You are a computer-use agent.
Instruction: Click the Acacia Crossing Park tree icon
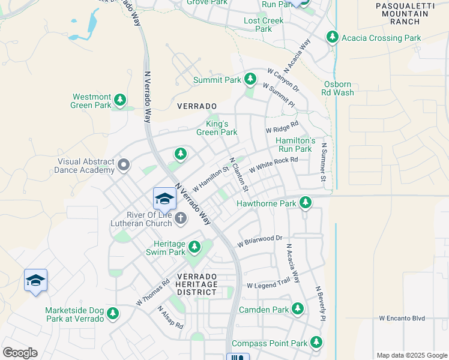pos(332,38)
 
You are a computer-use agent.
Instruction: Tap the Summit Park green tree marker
pos(250,79)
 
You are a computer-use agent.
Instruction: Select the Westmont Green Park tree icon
pos(121,100)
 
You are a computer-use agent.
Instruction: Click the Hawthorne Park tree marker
pos(306,203)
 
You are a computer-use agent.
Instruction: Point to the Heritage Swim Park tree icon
pos(194,247)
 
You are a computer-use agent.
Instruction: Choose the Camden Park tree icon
pos(298,310)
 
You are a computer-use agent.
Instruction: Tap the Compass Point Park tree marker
pos(316,343)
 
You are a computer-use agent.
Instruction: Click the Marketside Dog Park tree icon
pos(112,314)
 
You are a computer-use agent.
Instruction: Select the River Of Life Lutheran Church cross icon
pos(181,219)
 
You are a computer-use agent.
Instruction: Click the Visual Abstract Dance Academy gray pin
pos(124,164)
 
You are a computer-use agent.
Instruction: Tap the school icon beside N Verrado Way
pos(164,199)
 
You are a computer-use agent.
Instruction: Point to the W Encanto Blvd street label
pos(402,318)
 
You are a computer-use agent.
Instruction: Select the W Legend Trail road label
pos(268,286)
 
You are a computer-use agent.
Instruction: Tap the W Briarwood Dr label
pos(259,241)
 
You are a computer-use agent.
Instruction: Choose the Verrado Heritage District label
pos(196,284)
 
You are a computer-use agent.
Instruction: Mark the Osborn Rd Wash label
pos(339,89)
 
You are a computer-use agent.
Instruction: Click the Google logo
pos(20,353)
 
